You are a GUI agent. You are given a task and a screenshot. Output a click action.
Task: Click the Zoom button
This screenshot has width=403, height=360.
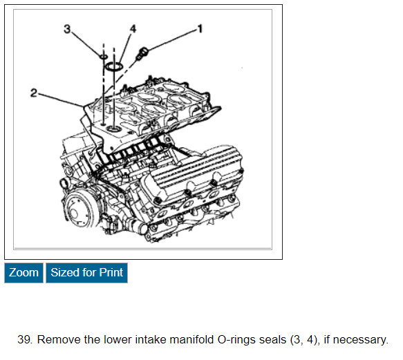(24, 273)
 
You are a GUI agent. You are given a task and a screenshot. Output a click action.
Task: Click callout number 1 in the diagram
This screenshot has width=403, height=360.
(200, 28)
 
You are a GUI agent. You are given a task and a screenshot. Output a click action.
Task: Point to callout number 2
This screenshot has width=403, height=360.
(34, 93)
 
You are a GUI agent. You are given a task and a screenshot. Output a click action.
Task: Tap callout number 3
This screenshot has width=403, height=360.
(67, 29)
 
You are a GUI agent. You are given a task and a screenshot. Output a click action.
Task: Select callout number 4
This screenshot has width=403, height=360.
(133, 28)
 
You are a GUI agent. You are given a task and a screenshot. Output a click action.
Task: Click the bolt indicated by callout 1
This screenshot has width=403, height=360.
(142, 54)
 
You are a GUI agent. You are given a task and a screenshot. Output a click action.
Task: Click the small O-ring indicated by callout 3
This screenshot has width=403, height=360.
(104, 56)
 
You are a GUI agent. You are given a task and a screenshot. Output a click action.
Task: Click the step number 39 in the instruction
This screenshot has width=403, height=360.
(25, 339)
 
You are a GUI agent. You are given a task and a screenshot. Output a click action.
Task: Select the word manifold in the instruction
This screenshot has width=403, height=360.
(191, 339)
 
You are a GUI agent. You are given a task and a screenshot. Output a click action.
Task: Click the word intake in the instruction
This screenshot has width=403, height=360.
(151, 339)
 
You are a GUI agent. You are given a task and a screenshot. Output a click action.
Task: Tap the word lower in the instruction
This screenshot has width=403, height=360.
(118, 339)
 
